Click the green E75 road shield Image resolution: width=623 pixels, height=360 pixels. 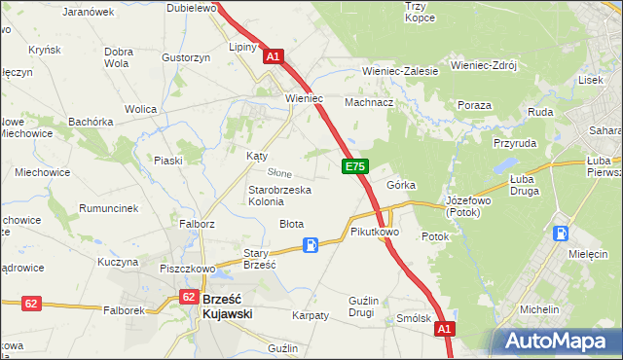pyautogui.click(x=354, y=168)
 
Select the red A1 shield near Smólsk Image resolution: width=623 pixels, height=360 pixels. pyautogui.click(x=444, y=331)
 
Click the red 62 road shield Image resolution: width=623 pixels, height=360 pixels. pyautogui.click(x=31, y=304)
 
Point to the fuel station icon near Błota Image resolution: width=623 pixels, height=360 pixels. pyautogui.click(x=311, y=245)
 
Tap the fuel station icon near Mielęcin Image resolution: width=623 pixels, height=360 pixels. pyautogui.click(x=561, y=234)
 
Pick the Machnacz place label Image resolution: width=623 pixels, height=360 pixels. pyautogui.click(x=369, y=102)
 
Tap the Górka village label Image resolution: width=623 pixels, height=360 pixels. pyautogui.click(x=401, y=185)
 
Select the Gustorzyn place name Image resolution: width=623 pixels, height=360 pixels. pyautogui.click(x=187, y=57)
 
